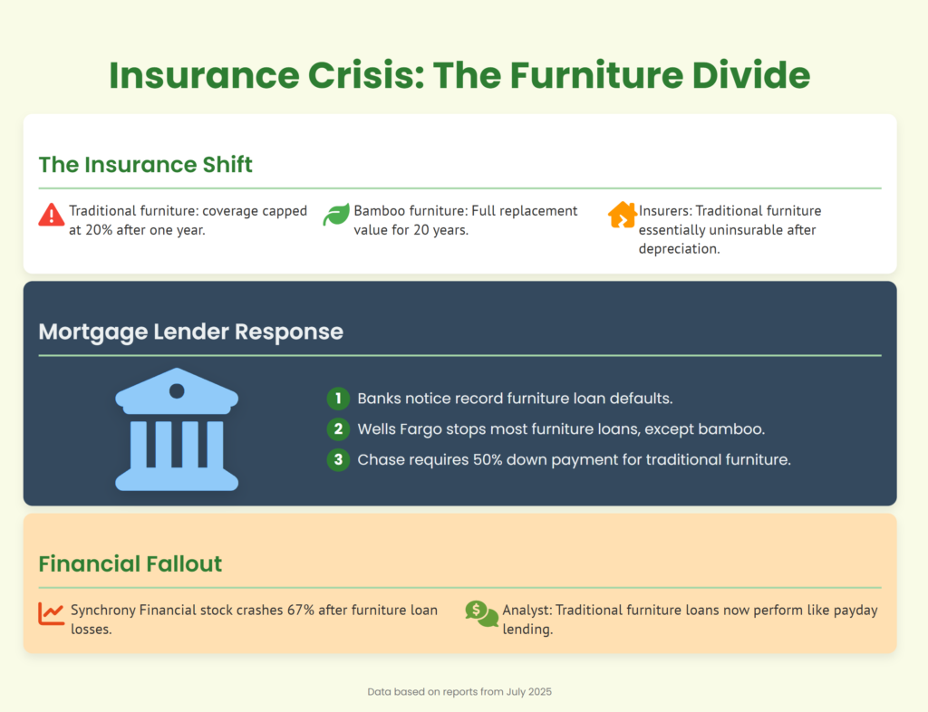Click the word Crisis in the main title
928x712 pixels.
click(x=366, y=75)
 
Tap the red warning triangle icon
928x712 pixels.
click(x=52, y=215)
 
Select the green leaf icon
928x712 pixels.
click(x=336, y=215)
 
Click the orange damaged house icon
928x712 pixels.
click(x=622, y=215)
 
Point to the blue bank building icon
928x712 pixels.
click(x=177, y=429)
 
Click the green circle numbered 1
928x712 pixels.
click(x=338, y=399)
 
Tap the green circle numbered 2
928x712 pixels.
click(x=338, y=429)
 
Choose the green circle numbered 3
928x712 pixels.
click(x=338, y=460)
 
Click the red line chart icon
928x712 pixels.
click(x=52, y=614)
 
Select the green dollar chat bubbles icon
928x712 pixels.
click(x=482, y=614)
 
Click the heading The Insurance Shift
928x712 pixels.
click(x=146, y=164)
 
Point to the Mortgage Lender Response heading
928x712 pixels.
click(x=190, y=332)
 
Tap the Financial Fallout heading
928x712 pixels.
click(x=130, y=563)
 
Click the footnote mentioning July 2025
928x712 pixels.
click(x=459, y=692)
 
